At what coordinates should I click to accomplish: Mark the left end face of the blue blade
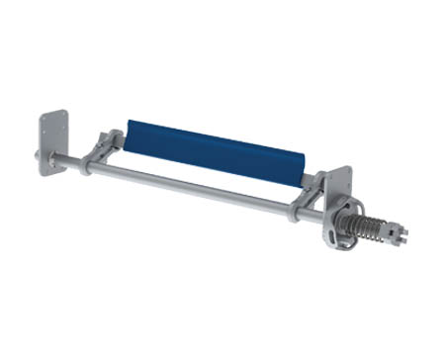click(x=124, y=130)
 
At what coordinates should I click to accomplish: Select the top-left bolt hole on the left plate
click(x=45, y=120)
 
